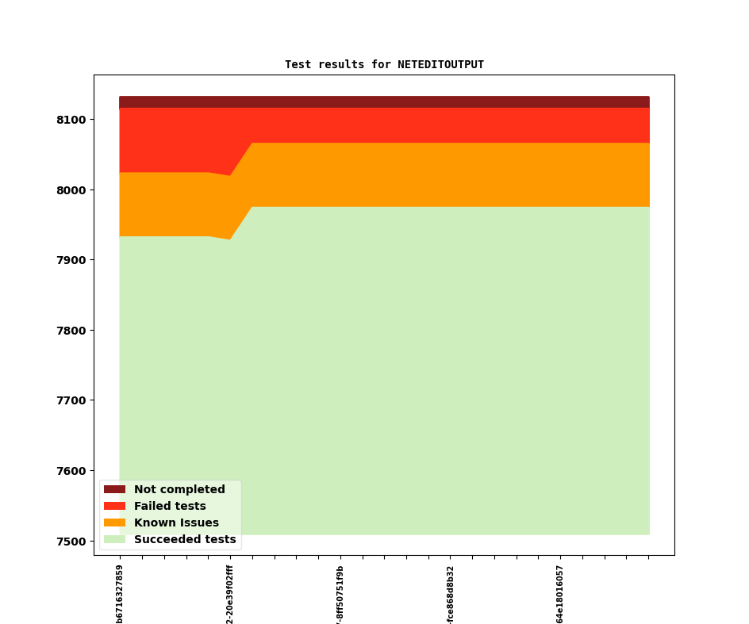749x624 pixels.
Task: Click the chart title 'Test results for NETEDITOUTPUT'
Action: tap(384, 65)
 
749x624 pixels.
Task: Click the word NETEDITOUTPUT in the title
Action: tap(440, 65)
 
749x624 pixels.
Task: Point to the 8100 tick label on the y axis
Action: tap(71, 120)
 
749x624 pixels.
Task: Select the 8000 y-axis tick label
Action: tap(71, 190)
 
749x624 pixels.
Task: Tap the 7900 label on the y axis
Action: tap(71, 260)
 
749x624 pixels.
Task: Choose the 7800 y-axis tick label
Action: tap(71, 331)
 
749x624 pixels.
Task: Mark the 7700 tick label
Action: tap(71, 400)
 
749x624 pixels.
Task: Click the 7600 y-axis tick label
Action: tap(71, 471)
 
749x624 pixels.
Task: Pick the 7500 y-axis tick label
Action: tap(71, 542)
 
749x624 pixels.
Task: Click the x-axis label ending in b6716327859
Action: tap(120, 594)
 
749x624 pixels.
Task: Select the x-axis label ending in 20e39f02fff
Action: tap(230, 594)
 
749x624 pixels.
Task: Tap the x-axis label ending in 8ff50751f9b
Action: tap(340, 594)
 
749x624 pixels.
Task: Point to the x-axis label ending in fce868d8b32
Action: tap(451, 594)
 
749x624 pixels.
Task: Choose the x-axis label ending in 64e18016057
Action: tap(560, 594)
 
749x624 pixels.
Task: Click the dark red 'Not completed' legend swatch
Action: tap(114, 490)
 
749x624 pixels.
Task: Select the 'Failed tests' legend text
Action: tap(170, 507)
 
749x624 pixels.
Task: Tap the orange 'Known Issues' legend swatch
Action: tap(114, 523)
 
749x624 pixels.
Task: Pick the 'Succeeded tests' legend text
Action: tap(185, 540)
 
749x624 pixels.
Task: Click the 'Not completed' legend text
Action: tap(179, 490)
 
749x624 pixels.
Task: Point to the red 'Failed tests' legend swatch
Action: tap(114, 507)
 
